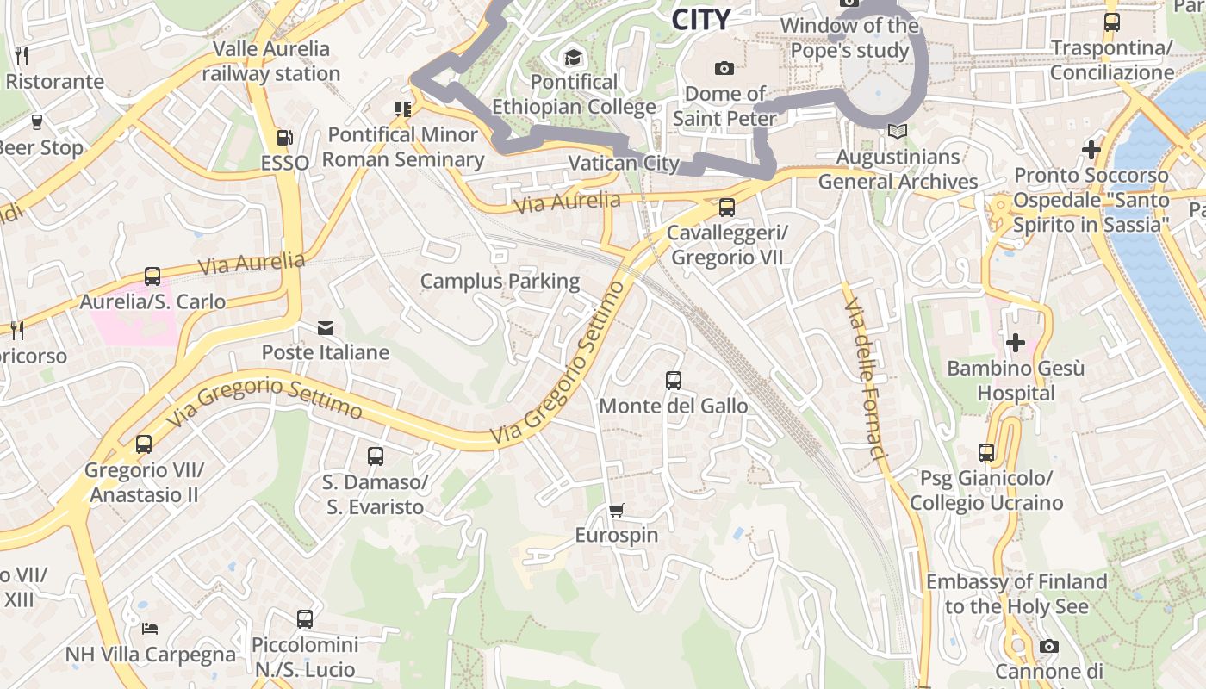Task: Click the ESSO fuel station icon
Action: point(283,137)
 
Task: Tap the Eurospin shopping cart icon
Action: point(616,511)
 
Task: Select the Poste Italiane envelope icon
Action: point(326,328)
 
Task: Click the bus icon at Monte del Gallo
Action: point(674,381)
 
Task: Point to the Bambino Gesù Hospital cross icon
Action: point(1016,343)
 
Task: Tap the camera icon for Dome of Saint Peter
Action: point(724,68)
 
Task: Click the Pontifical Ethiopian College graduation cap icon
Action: point(573,58)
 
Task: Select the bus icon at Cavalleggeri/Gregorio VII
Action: point(727,208)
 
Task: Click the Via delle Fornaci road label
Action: point(866,379)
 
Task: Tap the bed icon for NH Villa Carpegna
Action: point(150,628)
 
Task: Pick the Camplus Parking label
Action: point(500,281)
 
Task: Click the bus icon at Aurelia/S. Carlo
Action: point(152,276)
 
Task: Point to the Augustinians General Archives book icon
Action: point(898,132)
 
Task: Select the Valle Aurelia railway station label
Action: point(271,61)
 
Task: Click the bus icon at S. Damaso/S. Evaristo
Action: point(376,456)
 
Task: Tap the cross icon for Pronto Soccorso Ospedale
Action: point(1091,150)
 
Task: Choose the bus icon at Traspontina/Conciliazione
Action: point(1112,22)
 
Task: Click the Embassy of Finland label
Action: point(1016,594)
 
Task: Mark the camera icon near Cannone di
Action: point(1048,646)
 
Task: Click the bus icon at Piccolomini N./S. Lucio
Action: point(305,619)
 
